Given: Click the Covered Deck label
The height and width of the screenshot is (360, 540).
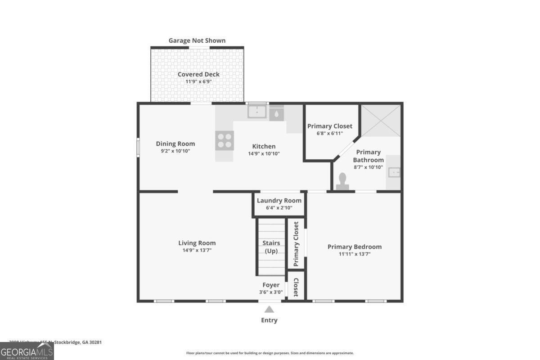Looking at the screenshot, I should (x=198, y=74).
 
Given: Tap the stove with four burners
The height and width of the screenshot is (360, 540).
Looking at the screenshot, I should (x=225, y=140).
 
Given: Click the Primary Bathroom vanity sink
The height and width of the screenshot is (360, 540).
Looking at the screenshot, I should (x=394, y=172).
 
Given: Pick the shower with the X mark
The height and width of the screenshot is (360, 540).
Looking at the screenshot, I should (x=381, y=120).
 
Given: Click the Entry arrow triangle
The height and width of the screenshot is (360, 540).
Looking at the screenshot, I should (x=269, y=309).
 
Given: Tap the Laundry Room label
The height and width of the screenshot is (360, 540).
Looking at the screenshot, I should (x=279, y=201).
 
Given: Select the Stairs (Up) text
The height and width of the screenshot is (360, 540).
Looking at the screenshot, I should (x=271, y=247).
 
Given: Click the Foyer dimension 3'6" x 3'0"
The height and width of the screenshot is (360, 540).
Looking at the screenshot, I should (x=271, y=292).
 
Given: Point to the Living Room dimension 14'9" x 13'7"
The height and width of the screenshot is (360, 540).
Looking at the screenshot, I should (x=197, y=250).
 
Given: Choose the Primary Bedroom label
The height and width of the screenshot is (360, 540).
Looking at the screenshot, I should (x=355, y=247).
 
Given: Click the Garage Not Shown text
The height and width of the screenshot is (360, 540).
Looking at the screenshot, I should (x=197, y=40).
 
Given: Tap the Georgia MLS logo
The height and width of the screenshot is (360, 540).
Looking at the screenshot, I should (x=27, y=351).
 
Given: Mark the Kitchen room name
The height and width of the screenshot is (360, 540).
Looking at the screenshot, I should (x=264, y=146).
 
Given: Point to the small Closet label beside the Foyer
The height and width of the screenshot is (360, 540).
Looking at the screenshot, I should (x=296, y=288).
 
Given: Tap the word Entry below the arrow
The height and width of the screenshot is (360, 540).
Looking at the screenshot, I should (x=269, y=320).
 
